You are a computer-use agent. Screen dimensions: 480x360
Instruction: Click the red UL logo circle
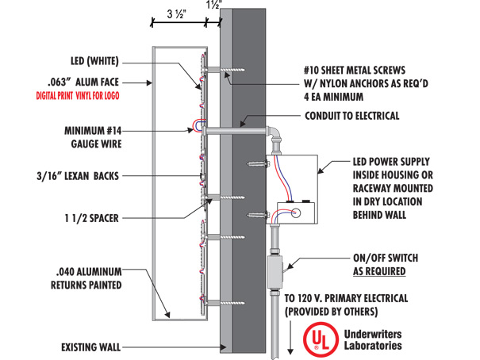pyautogui.click(x=321, y=339)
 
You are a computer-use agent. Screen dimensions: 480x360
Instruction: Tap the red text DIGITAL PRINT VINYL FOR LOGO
pyautogui.click(x=78, y=96)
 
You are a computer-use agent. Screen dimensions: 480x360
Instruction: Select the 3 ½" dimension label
pyautogui.click(x=177, y=14)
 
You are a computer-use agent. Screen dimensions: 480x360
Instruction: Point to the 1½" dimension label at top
pyautogui.click(x=214, y=5)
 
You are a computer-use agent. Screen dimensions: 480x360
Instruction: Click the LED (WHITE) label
pyautogui.click(x=94, y=61)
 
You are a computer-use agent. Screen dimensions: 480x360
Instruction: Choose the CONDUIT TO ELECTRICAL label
pyautogui.click(x=352, y=116)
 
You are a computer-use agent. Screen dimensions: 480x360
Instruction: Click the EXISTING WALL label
pyautogui.click(x=91, y=347)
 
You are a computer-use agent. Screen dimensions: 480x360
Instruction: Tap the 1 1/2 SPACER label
pyautogui.click(x=91, y=218)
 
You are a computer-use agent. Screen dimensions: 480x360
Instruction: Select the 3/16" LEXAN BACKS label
pyautogui.click(x=78, y=176)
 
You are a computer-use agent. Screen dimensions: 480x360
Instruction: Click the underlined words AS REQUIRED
pyautogui.click(x=379, y=271)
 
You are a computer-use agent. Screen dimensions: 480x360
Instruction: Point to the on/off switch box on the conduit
pyautogui.click(x=275, y=271)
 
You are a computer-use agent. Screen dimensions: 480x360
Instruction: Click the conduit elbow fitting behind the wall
pyautogui.click(x=275, y=135)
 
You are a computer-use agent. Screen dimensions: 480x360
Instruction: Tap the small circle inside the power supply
pyautogui.click(x=295, y=213)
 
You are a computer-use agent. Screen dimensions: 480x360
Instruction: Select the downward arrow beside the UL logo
pyautogui.click(x=290, y=337)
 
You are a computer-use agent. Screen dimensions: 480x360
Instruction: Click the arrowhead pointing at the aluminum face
pyautogui.click(x=149, y=82)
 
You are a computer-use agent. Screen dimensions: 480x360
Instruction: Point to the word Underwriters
pyautogui.click(x=373, y=334)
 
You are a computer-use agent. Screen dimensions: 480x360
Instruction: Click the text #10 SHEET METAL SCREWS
pyautogui.click(x=355, y=70)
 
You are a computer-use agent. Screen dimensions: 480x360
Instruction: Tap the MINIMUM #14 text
pyautogui.click(x=93, y=131)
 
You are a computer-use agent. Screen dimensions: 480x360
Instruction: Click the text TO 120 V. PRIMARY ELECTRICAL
pyautogui.click(x=346, y=298)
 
